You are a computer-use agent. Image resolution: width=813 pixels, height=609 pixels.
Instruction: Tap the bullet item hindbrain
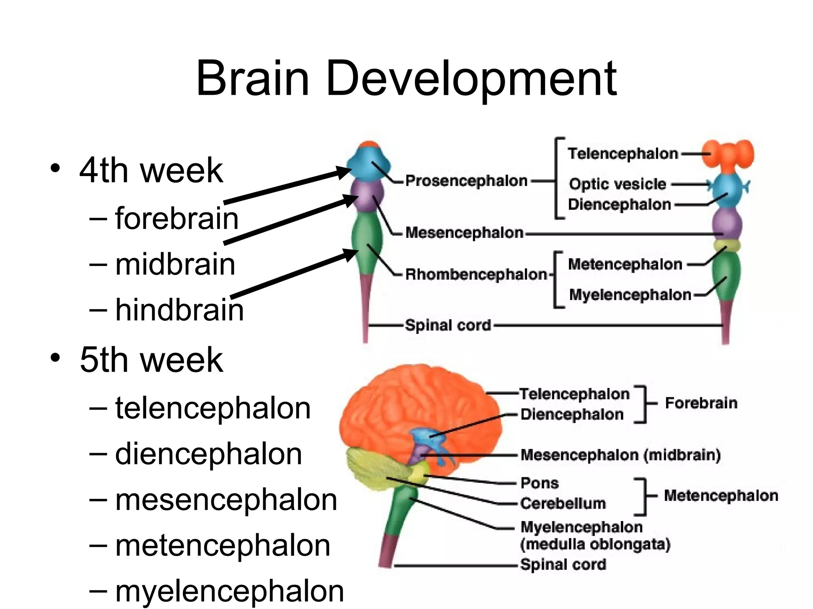[179, 310]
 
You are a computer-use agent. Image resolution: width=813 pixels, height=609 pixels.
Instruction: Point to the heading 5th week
[151, 360]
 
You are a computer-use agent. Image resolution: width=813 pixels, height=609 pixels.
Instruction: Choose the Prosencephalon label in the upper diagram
[466, 181]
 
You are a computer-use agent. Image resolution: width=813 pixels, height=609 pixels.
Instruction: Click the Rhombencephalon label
[476, 274]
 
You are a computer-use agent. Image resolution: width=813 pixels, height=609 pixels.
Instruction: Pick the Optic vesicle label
[618, 184]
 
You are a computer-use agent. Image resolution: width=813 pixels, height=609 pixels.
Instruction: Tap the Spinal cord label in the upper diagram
[448, 325]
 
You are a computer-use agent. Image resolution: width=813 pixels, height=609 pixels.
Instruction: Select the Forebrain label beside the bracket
[701, 403]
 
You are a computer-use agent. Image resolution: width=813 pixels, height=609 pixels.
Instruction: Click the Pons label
[539, 483]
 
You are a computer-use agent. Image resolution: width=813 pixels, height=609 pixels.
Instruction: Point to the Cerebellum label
[563, 503]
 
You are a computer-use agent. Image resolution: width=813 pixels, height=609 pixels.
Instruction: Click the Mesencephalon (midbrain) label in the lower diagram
[620, 455]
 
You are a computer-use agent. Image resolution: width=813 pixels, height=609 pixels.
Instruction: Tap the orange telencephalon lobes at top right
[728, 154]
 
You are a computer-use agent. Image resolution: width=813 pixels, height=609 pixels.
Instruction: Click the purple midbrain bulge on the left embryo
[367, 195]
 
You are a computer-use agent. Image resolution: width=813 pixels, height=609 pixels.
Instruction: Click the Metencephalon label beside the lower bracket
[721, 496]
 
